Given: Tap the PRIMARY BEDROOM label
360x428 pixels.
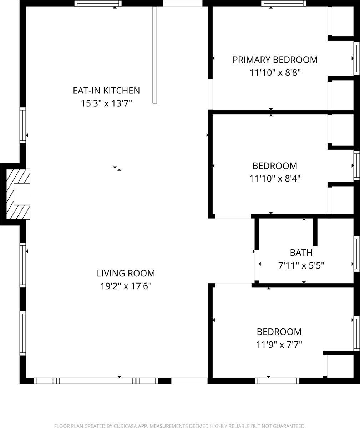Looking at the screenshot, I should [275, 60].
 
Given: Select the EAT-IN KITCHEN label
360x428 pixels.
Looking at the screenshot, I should [106, 91].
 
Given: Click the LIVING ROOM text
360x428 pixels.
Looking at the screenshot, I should [126, 274].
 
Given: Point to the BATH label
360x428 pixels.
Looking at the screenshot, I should [301, 253].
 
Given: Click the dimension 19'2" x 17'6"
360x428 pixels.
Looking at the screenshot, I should [126, 286].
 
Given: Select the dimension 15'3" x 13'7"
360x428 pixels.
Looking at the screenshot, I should [106, 104].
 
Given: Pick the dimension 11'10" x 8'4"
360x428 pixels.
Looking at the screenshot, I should [275, 179].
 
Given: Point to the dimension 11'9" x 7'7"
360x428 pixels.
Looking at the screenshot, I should [279, 345].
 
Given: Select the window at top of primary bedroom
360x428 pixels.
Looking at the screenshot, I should [284, 4].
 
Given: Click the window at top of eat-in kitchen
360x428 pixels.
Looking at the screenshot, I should [98, 4].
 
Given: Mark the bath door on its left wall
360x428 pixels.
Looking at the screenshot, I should [256, 265].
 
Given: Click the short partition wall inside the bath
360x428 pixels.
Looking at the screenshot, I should [315, 232].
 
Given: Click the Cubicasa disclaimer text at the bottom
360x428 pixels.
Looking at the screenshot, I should [180, 426].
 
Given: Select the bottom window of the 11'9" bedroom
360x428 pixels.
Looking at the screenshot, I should [277, 381].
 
